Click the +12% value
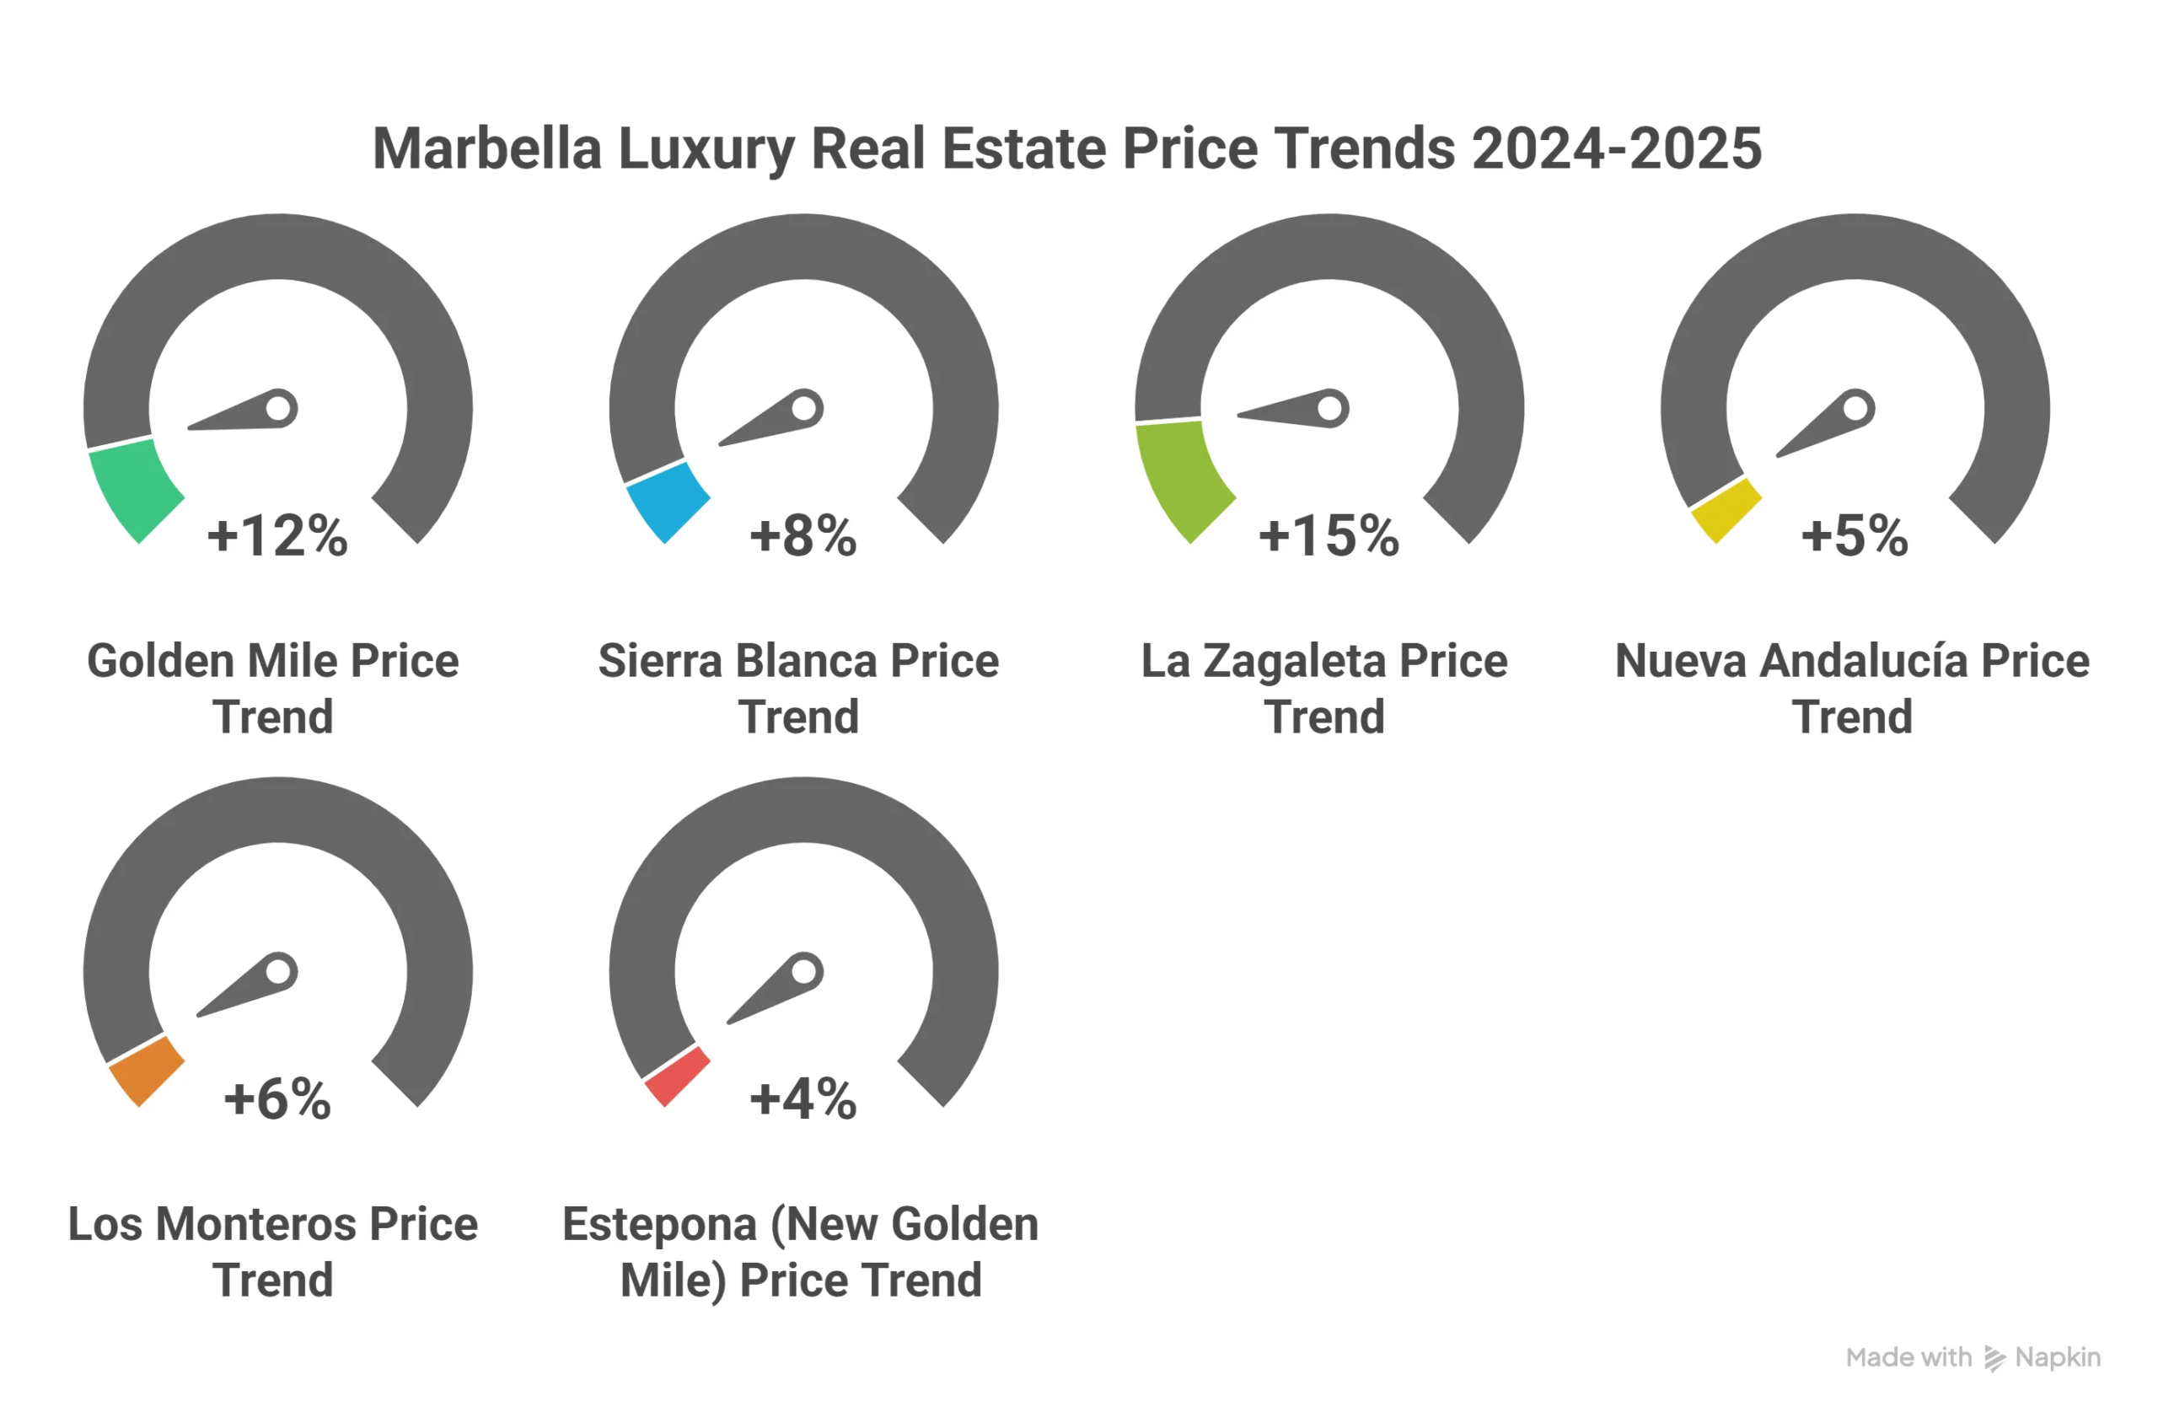point(276,535)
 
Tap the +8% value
point(803,535)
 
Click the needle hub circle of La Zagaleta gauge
point(1329,408)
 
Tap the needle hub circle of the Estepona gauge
point(804,972)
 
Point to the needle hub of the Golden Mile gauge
point(278,408)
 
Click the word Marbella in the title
point(487,148)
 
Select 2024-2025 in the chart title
point(1615,148)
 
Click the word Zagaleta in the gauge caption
point(1294,661)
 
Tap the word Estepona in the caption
point(660,1224)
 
